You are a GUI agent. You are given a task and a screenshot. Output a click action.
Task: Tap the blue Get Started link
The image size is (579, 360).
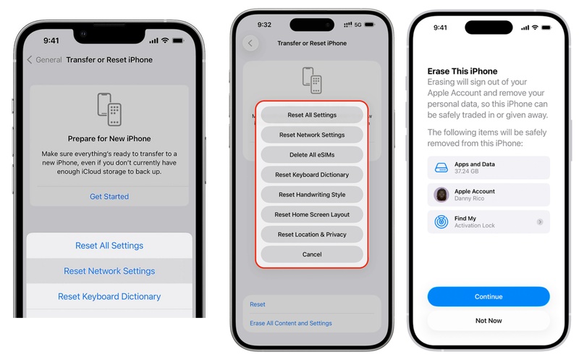tap(109, 196)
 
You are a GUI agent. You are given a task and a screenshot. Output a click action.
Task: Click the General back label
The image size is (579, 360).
tap(48, 59)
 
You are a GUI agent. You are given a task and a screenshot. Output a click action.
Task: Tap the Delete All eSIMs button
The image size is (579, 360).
tap(312, 154)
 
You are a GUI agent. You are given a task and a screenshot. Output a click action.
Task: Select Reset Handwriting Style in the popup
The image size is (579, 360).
tap(312, 194)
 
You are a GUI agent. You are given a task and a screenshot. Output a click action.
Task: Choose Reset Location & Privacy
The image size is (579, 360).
tap(312, 235)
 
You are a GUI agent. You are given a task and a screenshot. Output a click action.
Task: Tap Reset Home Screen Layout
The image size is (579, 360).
tap(312, 214)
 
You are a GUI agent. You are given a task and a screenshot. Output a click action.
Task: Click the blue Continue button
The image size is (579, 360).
tap(489, 296)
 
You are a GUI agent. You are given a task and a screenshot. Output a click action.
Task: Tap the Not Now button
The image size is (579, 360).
tap(489, 320)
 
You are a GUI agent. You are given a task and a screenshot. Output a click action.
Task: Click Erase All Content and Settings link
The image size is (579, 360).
tap(291, 323)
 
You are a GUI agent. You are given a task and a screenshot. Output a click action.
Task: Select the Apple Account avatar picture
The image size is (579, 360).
tap(441, 194)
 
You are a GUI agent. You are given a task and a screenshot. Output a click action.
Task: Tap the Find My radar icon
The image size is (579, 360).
tap(441, 222)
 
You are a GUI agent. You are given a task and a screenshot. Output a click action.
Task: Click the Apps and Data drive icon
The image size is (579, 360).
tap(441, 168)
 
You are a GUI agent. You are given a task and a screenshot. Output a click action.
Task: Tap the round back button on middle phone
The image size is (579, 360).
tap(250, 43)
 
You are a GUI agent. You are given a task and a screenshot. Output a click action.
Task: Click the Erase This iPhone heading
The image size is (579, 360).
tap(462, 71)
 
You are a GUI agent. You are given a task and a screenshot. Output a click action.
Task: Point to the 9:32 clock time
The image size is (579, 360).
tap(264, 25)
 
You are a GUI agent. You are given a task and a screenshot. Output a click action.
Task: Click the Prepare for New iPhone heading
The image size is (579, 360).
tap(109, 138)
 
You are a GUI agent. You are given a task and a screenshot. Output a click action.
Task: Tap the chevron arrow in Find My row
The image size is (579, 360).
tap(540, 222)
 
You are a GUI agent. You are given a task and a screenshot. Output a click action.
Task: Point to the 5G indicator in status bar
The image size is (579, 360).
tap(358, 25)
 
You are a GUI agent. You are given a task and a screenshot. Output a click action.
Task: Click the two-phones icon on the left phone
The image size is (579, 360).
tap(109, 109)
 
